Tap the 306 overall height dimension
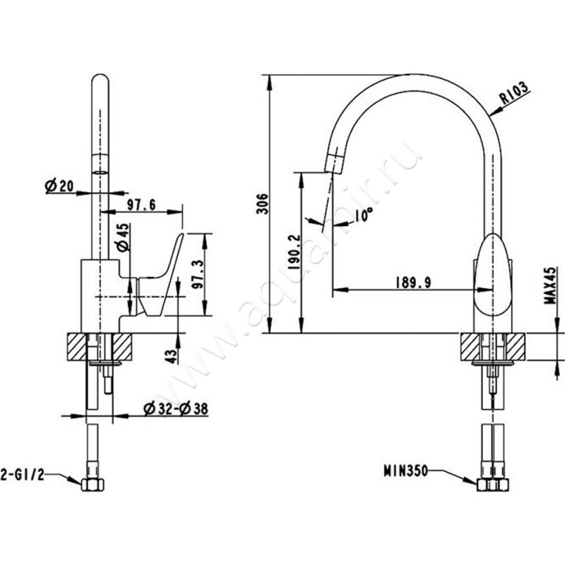click(263, 204)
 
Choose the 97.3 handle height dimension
click(199, 274)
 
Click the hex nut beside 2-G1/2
click(93, 486)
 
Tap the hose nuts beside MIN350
click(494, 487)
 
